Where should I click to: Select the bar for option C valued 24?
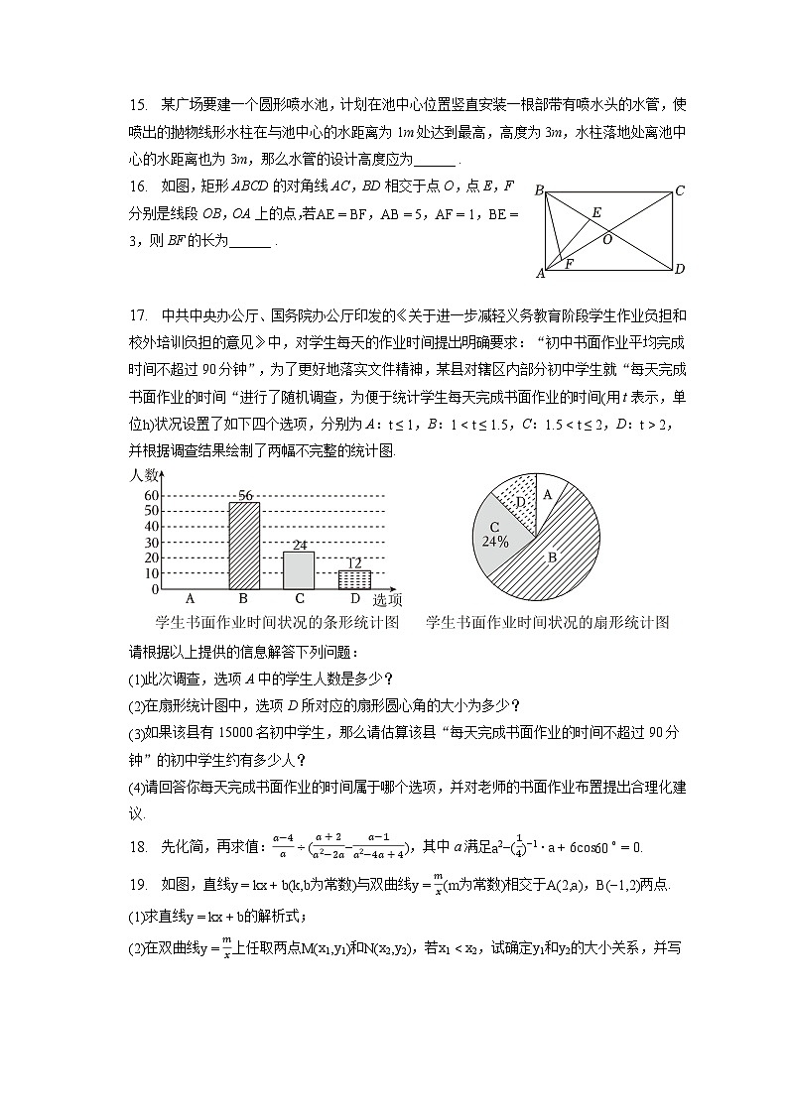(299, 570)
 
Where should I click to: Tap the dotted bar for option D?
(354, 579)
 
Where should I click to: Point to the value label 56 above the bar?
(244, 495)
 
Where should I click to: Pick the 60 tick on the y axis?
(152, 495)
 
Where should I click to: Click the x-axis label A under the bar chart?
(189, 599)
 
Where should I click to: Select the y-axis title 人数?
(145, 475)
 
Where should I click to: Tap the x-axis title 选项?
(387, 600)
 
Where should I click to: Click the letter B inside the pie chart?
(552, 557)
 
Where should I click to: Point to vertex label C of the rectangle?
(680, 190)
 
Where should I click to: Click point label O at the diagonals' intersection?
(606, 239)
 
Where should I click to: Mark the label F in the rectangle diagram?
(569, 264)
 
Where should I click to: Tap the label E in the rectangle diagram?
(595, 212)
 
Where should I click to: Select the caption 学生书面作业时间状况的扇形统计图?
(547, 623)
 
